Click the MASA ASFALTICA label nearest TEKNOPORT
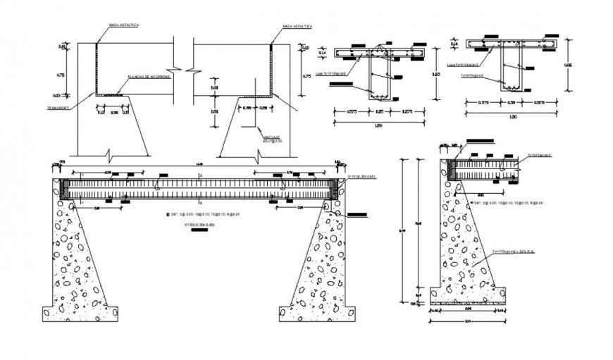tap(123, 25)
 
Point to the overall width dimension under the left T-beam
tap(378, 125)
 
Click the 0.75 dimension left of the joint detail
tap(61, 75)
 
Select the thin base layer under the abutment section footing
tap(467, 304)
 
